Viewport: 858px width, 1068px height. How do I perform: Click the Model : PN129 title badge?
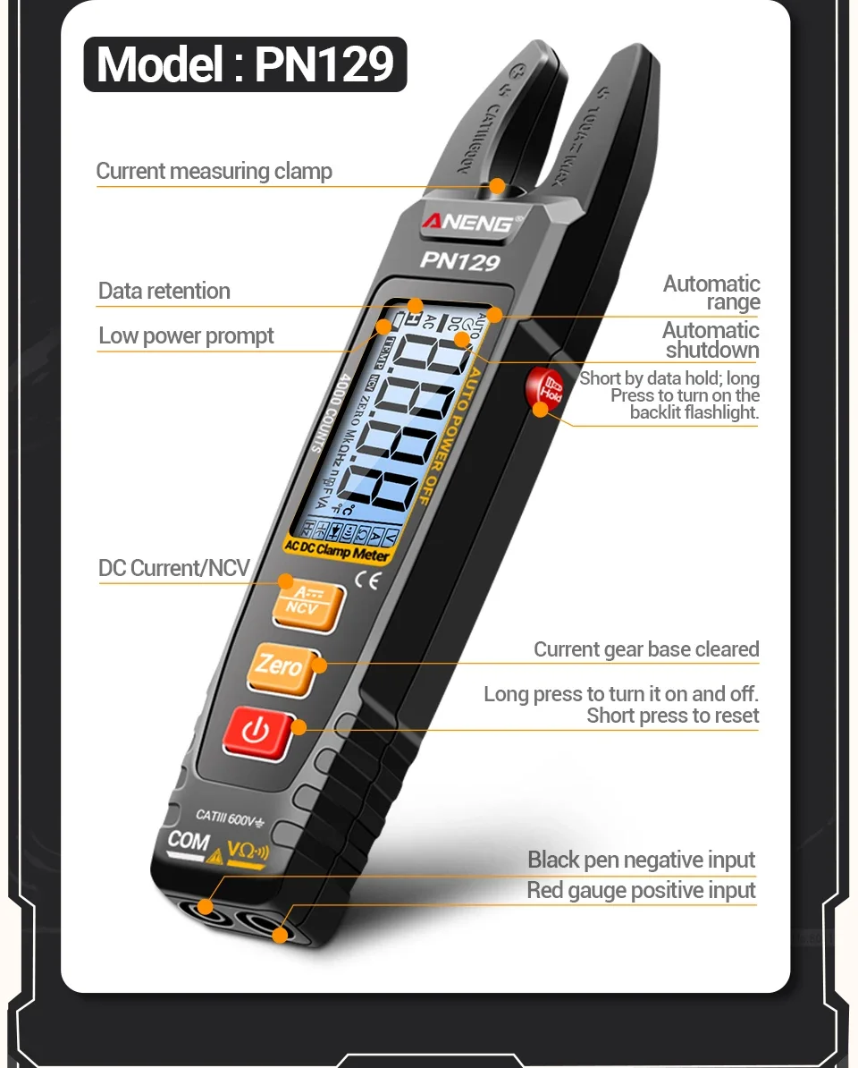[245, 64]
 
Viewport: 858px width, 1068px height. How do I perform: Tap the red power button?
[257, 732]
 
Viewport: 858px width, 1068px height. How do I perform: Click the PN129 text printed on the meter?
[459, 260]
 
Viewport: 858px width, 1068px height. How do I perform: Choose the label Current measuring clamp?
[214, 171]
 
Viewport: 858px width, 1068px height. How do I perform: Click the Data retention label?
[164, 291]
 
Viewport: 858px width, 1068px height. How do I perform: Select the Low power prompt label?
[186, 336]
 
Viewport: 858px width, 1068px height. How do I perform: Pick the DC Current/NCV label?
[173, 568]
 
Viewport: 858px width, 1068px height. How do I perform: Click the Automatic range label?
[711, 292]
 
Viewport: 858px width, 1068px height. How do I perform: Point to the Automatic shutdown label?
[711, 340]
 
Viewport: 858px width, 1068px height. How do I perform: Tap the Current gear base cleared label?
[646, 649]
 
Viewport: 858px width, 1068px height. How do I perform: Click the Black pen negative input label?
[642, 860]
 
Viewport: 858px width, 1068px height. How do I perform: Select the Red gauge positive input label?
[641, 890]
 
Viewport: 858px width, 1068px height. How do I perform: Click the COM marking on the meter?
[189, 841]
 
